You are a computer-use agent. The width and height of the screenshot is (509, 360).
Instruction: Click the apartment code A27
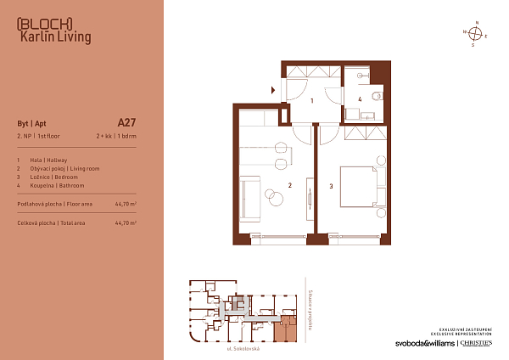[126, 122]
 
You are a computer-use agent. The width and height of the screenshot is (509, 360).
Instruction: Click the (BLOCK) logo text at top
[44, 23]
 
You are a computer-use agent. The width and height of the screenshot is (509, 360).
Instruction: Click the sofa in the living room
[249, 195]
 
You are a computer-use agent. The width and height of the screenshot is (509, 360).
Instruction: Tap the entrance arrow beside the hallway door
[273, 88]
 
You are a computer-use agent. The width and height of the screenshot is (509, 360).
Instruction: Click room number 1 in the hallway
[313, 101]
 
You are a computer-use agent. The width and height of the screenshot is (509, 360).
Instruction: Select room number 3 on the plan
[331, 186]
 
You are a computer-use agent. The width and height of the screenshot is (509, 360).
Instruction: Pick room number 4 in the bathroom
[360, 99]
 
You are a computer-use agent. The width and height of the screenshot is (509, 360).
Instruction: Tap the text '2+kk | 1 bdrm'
[116, 136]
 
